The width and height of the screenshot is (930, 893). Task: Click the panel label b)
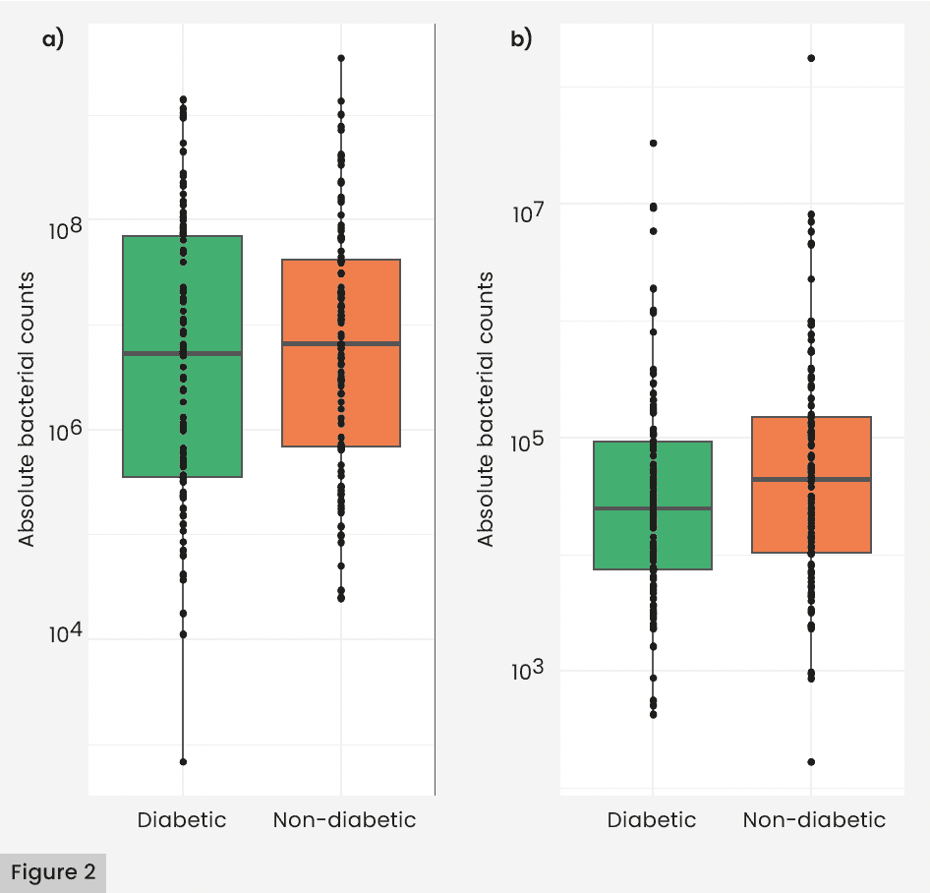(521, 39)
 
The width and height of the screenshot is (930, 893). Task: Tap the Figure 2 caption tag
(53, 872)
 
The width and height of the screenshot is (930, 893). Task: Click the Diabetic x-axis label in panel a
(182, 819)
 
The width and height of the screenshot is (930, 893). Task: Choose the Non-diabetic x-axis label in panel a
(344, 819)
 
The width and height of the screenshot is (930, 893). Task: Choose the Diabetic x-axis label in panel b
(652, 819)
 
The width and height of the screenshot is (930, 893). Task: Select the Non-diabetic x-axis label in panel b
(814, 819)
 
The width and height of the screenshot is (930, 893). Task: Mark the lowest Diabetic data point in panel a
(183, 761)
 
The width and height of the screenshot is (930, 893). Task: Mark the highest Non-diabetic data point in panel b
(811, 58)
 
